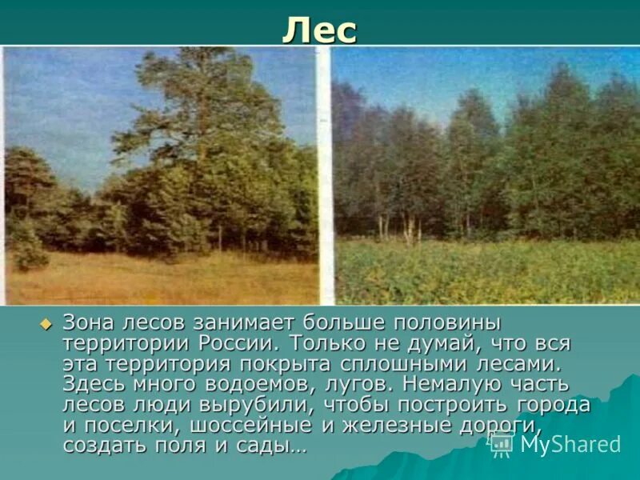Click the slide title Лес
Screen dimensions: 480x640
tap(319, 32)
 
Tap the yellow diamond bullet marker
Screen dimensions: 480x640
tap(46, 324)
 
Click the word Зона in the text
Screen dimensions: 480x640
tap(90, 324)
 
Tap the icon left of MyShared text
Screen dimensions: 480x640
tap(502, 444)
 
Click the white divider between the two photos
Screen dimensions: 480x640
tap(325, 176)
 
